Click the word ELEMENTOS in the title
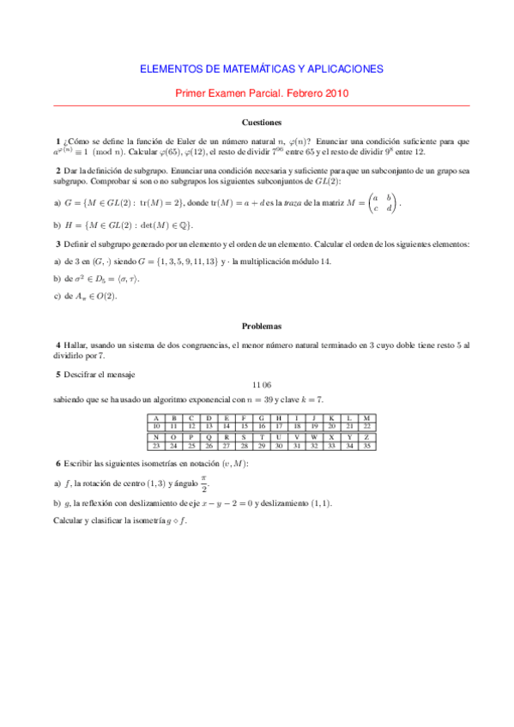click(x=172, y=69)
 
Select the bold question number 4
click(x=57, y=345)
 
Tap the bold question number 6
click(x=57, y=464)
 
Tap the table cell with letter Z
click(x=366, y=436)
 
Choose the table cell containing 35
click(x=366, y=446)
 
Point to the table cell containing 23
click(x=156, y=446)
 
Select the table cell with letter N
click(x=156, y=436)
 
